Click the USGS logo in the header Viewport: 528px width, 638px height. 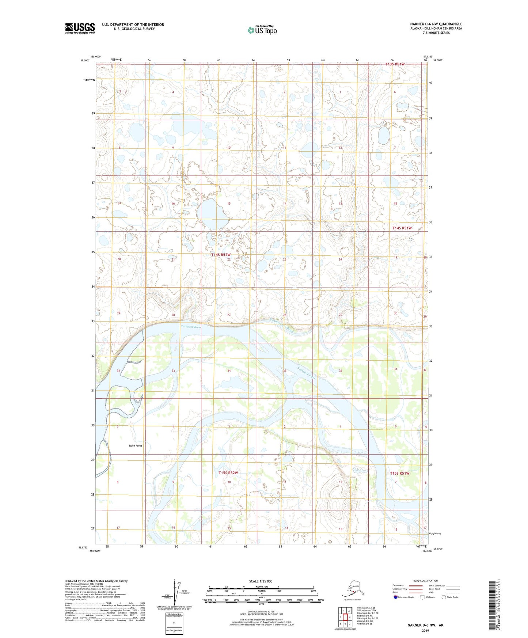(80, 28)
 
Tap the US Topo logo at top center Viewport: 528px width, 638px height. (262, 30)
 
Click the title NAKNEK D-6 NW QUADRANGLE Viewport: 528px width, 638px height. (436, 24)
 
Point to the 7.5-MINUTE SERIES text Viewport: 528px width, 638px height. (436, 33)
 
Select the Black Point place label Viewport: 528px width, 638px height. (135, 446)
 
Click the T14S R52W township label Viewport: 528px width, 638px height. (221, 255)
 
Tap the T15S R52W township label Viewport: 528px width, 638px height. (228, 473)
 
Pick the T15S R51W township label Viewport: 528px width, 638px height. (399, 473)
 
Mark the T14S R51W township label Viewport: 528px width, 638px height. (402, 228)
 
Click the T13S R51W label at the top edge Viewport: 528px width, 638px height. (395, 64)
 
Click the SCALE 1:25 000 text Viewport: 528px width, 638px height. (261, 581)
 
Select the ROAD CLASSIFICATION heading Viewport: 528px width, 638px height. (425, 581)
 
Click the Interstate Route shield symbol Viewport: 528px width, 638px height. (395, 597)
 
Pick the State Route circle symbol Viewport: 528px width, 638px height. (444, 597)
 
